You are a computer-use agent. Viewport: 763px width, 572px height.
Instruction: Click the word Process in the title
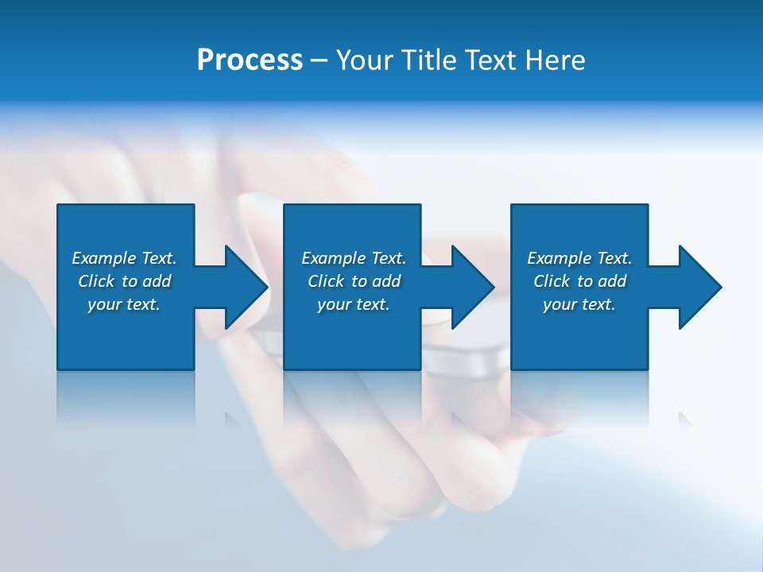250,60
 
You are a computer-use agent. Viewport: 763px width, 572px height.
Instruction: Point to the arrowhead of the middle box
471,287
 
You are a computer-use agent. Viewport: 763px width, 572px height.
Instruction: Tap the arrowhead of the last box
699,287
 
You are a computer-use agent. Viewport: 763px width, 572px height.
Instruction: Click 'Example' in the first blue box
104,258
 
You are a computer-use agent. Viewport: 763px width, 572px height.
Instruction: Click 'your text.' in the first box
124,304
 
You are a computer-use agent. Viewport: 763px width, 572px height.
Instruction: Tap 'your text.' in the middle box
354,304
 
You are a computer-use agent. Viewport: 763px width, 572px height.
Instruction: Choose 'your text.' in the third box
579,304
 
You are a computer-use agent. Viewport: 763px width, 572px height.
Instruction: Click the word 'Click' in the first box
96,281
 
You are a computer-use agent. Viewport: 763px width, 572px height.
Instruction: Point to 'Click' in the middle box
326,281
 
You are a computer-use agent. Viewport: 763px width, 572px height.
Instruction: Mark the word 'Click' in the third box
552,281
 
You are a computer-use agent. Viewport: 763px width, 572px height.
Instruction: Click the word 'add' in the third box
612,281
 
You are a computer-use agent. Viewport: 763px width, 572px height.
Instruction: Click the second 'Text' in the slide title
490,60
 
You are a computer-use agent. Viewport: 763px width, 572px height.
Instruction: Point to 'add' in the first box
157,281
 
